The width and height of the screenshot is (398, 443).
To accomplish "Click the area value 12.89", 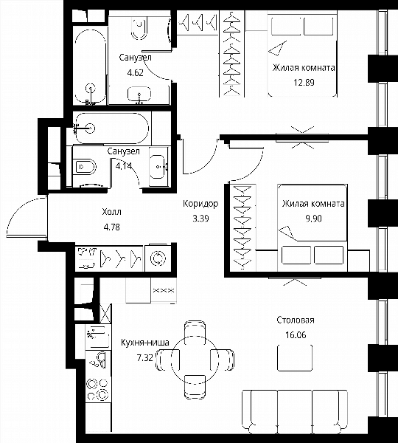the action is [304, 83].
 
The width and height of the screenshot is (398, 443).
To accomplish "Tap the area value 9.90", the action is [313, 219].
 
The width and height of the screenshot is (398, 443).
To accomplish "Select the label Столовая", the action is [296, 320].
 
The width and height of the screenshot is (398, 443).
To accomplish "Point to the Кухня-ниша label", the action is [145, 343].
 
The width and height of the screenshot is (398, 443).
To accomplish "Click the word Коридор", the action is [200, 204].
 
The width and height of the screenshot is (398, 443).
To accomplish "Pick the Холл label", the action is [112, 212].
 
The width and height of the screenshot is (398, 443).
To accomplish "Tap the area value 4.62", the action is [136, 73].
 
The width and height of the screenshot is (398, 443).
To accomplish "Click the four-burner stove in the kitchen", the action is [97, 389].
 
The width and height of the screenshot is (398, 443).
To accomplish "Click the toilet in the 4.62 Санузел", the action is [139, 27].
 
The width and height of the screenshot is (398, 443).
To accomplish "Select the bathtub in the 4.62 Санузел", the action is [90, 67].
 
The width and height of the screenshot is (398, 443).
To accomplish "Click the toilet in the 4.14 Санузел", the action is [85, 167].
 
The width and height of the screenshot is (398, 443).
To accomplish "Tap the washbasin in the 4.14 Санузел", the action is [158, 167].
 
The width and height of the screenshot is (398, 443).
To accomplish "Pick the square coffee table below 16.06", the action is [295, 357].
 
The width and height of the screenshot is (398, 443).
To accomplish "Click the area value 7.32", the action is [144, 358].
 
